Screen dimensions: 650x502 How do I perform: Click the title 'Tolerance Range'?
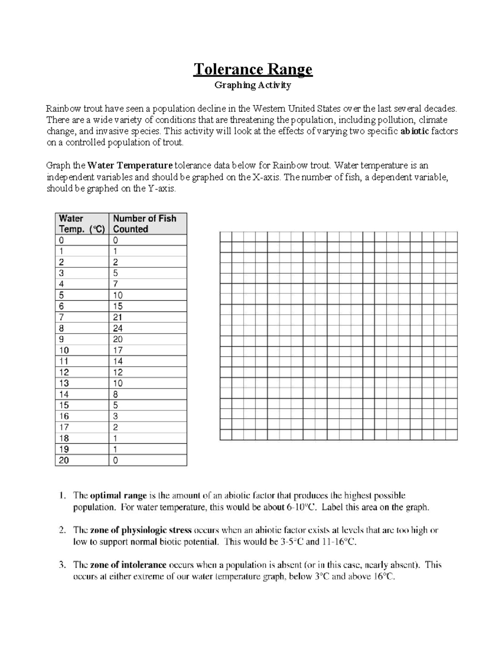pos(252,69)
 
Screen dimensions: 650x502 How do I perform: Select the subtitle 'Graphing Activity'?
pos(252,85)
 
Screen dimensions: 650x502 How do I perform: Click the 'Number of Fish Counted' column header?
pos(145,224)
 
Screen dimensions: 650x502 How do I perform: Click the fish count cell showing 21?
pos(118,317)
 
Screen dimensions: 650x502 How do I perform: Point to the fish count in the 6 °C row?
pos(118,306)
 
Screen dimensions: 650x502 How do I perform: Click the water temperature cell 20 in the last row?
pos(64,460)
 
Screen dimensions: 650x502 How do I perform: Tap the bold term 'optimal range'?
pos(118,496)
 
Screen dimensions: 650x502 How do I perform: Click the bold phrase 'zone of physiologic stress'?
pos(141,530)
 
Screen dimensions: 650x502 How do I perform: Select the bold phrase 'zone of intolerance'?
pos(128,565)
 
